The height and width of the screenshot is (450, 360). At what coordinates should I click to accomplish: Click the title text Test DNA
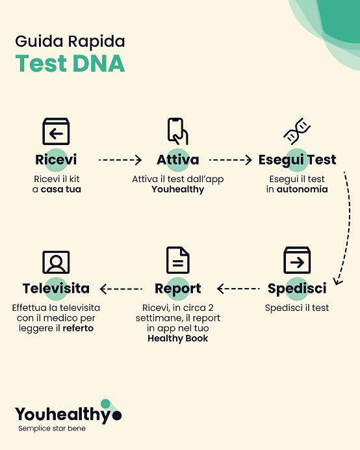click(70, 63)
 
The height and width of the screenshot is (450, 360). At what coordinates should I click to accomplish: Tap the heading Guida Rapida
click(70, 42)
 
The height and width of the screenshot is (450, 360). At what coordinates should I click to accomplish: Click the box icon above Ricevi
click(56, 131)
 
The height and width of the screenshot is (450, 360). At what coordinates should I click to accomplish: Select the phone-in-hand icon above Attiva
click(177, 131)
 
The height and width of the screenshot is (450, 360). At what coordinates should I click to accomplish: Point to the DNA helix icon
click(297, 131)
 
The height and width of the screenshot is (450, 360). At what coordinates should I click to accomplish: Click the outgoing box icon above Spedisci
click(297, 260)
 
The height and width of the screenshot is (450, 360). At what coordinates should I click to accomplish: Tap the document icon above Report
click(178, 260)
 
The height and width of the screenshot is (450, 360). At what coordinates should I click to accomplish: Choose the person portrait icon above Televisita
click(56, 262)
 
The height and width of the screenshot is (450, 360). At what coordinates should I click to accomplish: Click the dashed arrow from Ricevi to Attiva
click(120, 160)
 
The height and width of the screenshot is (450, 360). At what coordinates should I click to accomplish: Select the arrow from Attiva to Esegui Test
click(231, 160)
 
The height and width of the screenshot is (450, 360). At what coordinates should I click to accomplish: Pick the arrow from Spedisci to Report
click(238, 289)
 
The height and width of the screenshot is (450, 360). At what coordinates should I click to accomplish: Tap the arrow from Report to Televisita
click(121, 289)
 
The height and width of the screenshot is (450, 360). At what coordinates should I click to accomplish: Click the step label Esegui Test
click(297, 160)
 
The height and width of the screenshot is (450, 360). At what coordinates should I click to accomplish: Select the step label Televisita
click(56, 289)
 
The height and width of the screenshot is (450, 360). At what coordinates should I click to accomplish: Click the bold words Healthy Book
click(178, 338)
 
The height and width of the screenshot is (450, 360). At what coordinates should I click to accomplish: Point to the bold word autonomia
click(302, 189)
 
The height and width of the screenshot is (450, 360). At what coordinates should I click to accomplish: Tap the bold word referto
click(78, 328)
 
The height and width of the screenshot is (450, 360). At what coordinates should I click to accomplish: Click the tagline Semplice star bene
click(52, 429)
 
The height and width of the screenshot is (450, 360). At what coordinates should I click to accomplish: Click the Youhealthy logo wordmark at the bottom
click(68, 414)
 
